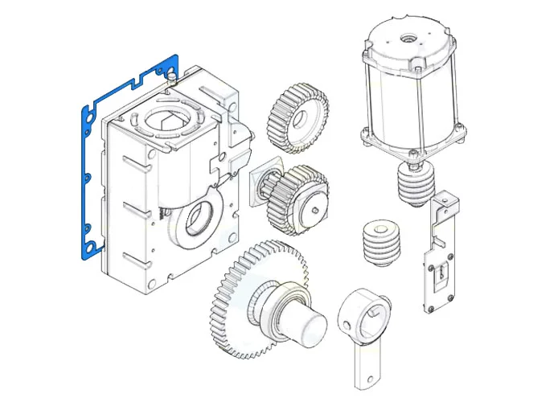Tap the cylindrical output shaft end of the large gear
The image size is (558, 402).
[310, 325]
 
